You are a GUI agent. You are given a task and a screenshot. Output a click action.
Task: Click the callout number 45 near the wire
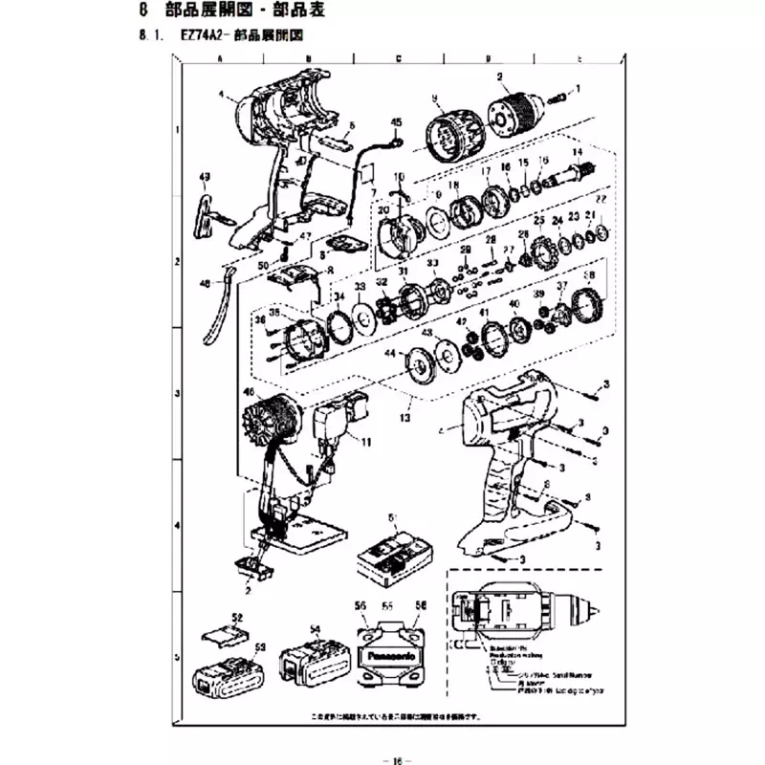[397, 121]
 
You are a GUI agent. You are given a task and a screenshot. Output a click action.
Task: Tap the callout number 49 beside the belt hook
[204, 177]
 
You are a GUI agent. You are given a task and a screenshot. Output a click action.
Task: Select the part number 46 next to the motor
[250, 392]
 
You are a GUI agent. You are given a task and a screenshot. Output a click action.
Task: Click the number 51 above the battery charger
[392, 516]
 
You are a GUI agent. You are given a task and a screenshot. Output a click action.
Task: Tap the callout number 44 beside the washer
[390, 354]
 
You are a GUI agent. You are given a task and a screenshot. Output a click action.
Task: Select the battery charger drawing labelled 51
[392, 555]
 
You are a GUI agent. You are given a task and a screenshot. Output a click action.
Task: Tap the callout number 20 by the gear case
[382, 209]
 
